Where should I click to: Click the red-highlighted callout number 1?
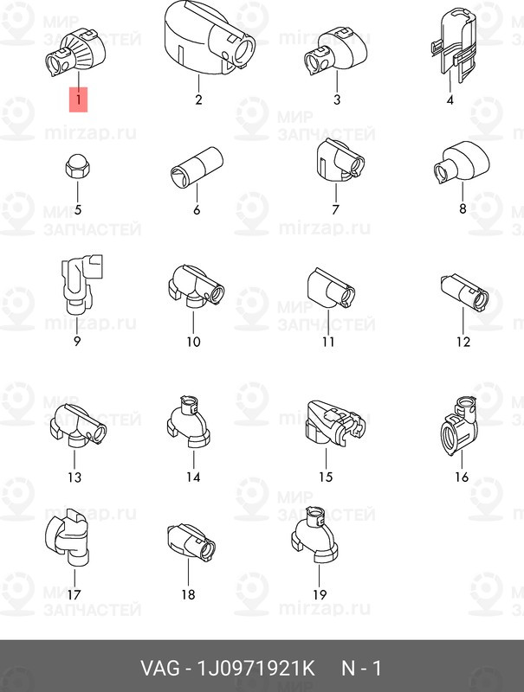(78, 99)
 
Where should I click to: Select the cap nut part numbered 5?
(78, 166)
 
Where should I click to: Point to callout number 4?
(450, 99)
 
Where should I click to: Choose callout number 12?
(463, 342)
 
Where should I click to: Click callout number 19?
(320, 594)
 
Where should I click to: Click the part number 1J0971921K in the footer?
(256, 668)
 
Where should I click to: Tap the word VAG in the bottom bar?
(160, 668)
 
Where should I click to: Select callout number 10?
(193, 342)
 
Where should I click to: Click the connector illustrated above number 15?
(336, 423)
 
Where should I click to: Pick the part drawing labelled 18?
(191, 542)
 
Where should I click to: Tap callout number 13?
(74, 477)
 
